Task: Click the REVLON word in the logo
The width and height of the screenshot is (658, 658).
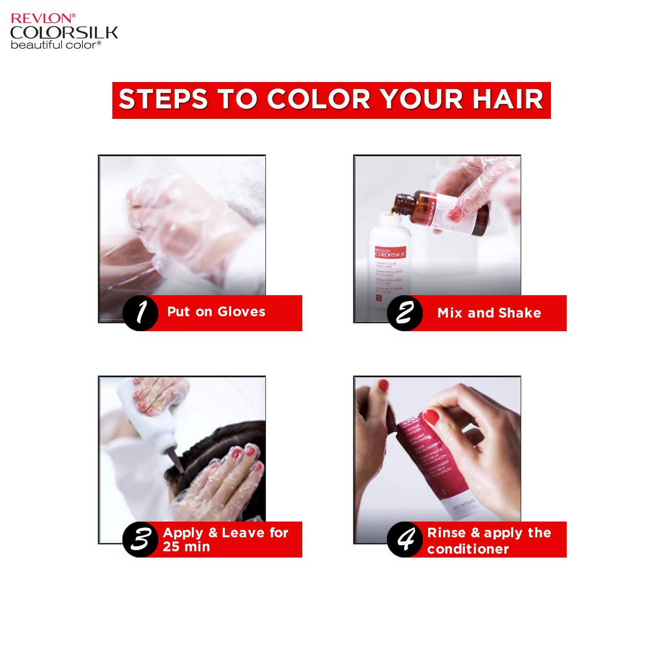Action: (41, 18)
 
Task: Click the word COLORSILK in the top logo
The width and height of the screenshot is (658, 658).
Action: (64, 33)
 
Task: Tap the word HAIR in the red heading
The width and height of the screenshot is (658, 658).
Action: (508, 99)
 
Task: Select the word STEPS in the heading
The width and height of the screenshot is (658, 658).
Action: (163, 99)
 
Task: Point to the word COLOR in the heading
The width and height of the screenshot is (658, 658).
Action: (318, 99)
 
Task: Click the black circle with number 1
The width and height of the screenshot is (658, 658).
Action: (141, 313)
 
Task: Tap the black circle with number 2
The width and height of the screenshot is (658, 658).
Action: (405, 313)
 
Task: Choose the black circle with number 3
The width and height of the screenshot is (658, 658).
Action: (141, 539)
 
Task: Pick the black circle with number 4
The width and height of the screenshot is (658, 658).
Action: (405, 539)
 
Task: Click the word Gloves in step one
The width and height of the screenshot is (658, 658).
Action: (241, 312)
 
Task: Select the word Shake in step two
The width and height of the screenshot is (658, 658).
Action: (520, 313)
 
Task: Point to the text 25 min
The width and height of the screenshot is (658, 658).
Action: (186, 546)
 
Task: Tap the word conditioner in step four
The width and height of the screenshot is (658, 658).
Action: (468, 549)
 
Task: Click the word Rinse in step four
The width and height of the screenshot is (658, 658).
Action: (446, 532)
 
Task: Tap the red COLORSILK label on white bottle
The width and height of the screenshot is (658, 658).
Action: (390, 253)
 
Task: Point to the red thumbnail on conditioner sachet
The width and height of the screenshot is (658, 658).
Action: (430, 416)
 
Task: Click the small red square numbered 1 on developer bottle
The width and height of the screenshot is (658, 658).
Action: (378, 298)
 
